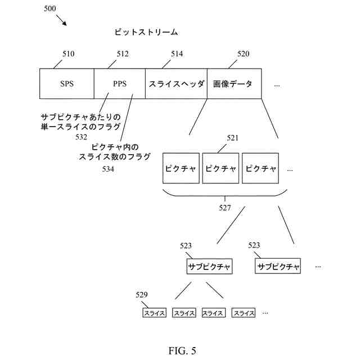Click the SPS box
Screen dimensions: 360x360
[x=66, y=84]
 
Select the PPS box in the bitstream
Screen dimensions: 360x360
[x=119, y=84]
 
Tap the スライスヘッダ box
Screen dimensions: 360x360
[x=175, y=84]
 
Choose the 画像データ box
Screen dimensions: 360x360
[x=233, y=84]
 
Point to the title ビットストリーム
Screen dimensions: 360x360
[x=146, y=32]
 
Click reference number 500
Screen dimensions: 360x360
[x=50, y=10]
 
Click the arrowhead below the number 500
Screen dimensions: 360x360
[x=65, y=24]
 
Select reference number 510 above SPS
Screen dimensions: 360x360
[x=68, y=55]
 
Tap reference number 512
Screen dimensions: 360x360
[x=123, y=55]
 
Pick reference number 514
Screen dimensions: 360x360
[x=177, y=55]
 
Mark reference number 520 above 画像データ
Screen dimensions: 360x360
[x=244, y=55]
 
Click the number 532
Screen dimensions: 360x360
[x=82, y=137]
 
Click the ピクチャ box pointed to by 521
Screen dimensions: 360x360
[x=220, y=168]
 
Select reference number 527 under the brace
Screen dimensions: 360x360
[x=225, y=208]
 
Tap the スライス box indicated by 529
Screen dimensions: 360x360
[x=154, y=313]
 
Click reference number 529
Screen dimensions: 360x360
[x=142, y=295]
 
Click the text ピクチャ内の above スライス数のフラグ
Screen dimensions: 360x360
[x=115, y=147]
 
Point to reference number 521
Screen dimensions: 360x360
[x=233, y=138]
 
